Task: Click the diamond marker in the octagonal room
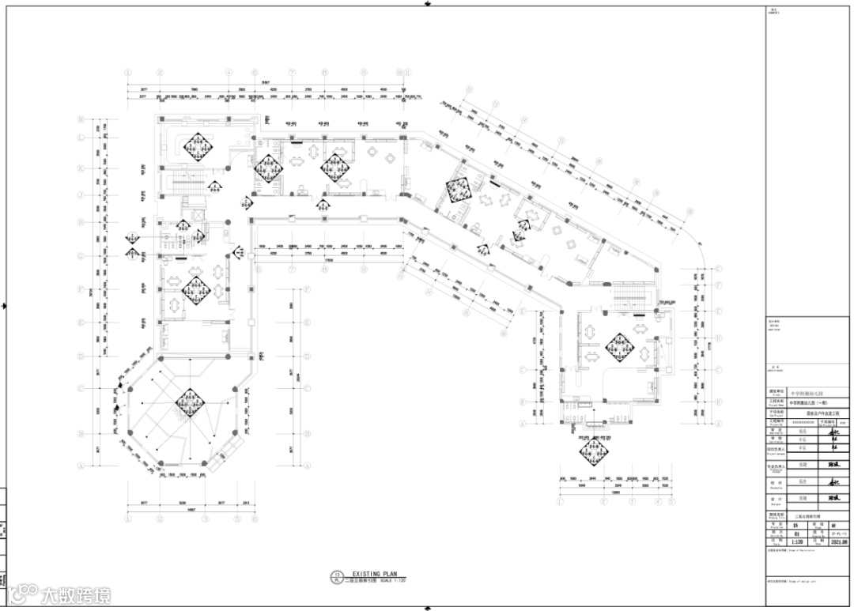pyautogui.click(x=191, y=403)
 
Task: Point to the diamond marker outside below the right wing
pyautogui.click(x=594, y=451)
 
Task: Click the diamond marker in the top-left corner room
pyautogui.click(x=195, y=145)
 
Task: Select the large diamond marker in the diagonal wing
pyautogui.click(x=458, y=189)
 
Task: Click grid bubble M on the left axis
pyautogui.click(x=81, y=119)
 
